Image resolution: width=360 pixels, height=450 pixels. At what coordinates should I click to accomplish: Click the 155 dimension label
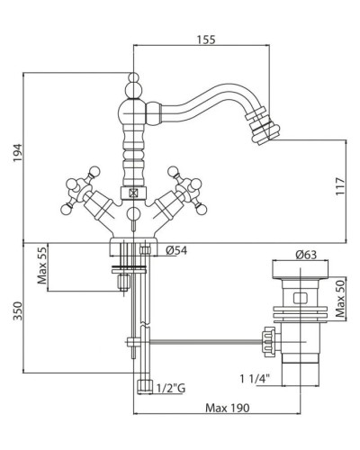point(206,40)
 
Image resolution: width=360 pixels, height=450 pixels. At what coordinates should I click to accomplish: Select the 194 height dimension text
point(18,153)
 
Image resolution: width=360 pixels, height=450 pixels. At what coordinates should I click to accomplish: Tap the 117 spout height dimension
point(340,186)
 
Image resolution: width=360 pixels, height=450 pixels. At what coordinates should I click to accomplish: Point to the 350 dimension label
point(18,310)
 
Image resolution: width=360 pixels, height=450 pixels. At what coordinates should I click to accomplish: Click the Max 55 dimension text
point(42,265)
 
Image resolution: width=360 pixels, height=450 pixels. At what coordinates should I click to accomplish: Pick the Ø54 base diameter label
point(176,250)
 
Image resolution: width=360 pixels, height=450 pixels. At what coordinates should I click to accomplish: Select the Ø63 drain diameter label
point(306,255)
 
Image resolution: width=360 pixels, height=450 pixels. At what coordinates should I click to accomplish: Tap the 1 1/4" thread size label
point(255,379)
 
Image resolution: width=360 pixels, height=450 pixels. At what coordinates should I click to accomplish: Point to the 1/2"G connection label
point(171,389)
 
